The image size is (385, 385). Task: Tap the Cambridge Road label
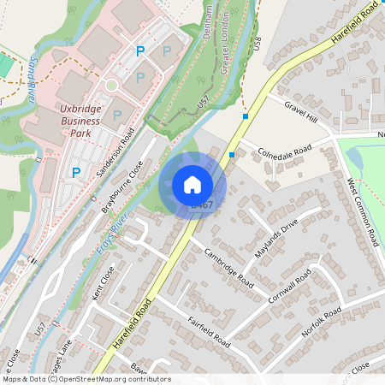(228, 268)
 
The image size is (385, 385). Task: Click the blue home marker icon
(192, 185)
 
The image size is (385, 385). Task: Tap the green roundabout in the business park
(110, 86)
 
